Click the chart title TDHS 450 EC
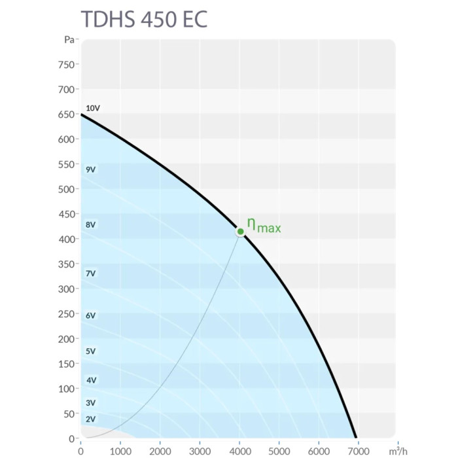pyautogui.click(x=144, y=19)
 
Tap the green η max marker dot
pyautogui.click(x=241, y=231)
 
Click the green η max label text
pyautogui.click(x=264, y=226)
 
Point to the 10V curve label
pyautogui.click(x=93, y=108)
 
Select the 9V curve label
pyautogui.click(x=91, y=169)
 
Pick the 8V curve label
pyautogui.click(x=91, y=224)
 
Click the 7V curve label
pyautogui.click(x=91, y=273)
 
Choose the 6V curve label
pyautogui.click(x=91, y=315)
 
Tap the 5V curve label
pyautogui.click(x=91, y=351)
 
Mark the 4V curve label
pyautogui.click(x=91, y=380)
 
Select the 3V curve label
pyautogui.click(x=91, y=403)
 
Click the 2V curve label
pyautogui.click(x=91, y=419)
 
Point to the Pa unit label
pyautogui.click(x=69, y=40)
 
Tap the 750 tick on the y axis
pyautogui.click(x=66, y=65)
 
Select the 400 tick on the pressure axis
pyautogui.click(x=66, y=239)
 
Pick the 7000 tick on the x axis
pyautogui.click(x=359, y=451)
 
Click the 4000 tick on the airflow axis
pyautogui.click(x=239, y=451)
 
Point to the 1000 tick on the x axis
pyautogui.click(x=120, y=451)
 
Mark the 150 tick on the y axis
pyautogui.click(x=66, y=364)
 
